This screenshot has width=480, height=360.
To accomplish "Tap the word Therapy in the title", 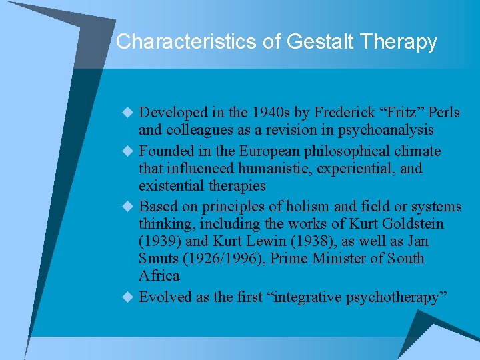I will (399, 42).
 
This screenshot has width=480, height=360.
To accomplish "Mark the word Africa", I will (159, 276).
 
